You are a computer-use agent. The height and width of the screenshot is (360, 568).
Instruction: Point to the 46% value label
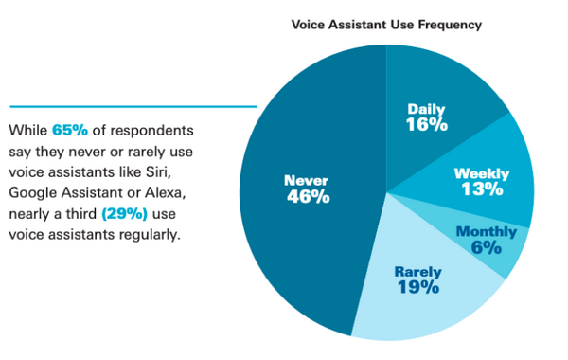308,197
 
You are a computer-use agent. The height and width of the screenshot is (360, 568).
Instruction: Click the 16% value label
427,124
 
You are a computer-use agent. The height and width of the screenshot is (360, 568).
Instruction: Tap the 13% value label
481,189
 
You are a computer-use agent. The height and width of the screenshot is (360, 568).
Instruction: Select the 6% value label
488,248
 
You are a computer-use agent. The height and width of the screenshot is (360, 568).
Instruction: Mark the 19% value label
417,287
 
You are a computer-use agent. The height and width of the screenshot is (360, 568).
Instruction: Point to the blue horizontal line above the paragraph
133,106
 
